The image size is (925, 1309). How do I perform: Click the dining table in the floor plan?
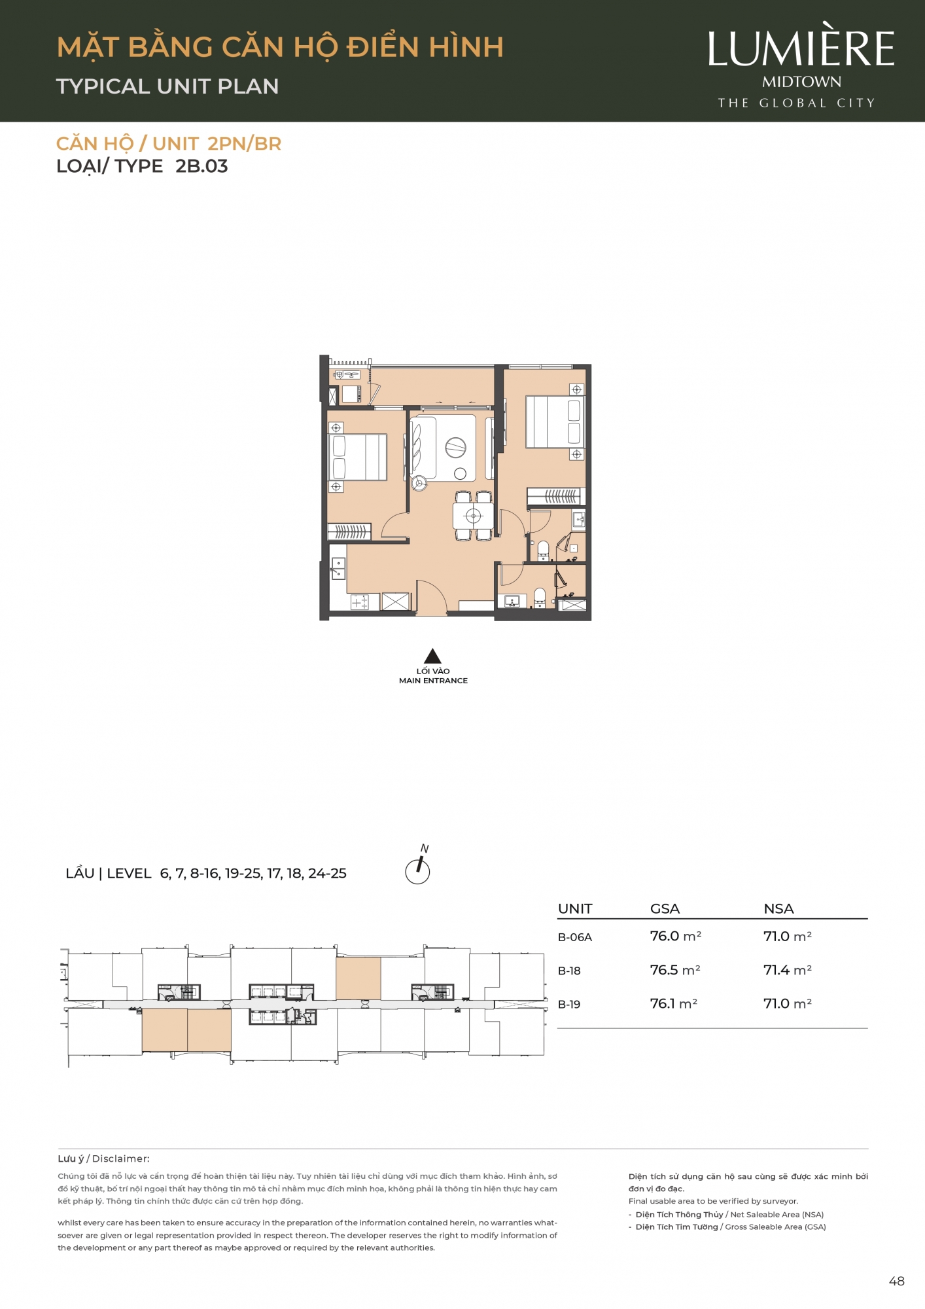pyautogui.click(x=473, y=516)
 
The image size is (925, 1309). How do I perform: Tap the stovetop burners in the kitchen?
pyautogui.click(x=360, y=602)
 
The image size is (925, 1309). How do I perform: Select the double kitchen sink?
pyautogui.click(x=338, y=568)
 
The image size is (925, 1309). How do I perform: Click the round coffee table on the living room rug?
pyautogui.click(x=460, y=474)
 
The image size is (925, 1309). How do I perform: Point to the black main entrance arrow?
pyautogui.click(x=432, y=656)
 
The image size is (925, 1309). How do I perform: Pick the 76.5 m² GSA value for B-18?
pyautogui.click(x=675, y=970)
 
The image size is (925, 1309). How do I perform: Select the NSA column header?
pyautogui.click(x=778, y=908)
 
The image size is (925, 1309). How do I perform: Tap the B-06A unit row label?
pyautogui.click(x=575, y=937)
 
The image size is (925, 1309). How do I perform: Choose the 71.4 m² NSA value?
pyautogui.click(x=788, y=970)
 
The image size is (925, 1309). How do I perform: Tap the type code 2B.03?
pyautogui.click(x=201, y=166)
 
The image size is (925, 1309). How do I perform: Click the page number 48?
pyautogui.click(x=897, y=1282)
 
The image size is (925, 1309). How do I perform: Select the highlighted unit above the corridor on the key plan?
pyautogui.click(x=358, y=978)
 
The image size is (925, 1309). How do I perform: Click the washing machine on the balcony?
pyautogui.click(x=351, y=394)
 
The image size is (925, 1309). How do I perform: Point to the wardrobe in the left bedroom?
pyautogui.click(x=349, y=531)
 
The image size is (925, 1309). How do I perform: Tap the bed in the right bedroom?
pyautogui.click(x=553, y=421)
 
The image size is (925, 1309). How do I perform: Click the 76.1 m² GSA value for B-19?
pyautogui.click(x=674, y=1003)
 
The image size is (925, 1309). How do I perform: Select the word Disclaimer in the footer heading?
pyautogui.click(x=121, y=1158)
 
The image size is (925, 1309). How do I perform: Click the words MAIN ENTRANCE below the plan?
pyautogui.click(x=433, y=681)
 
